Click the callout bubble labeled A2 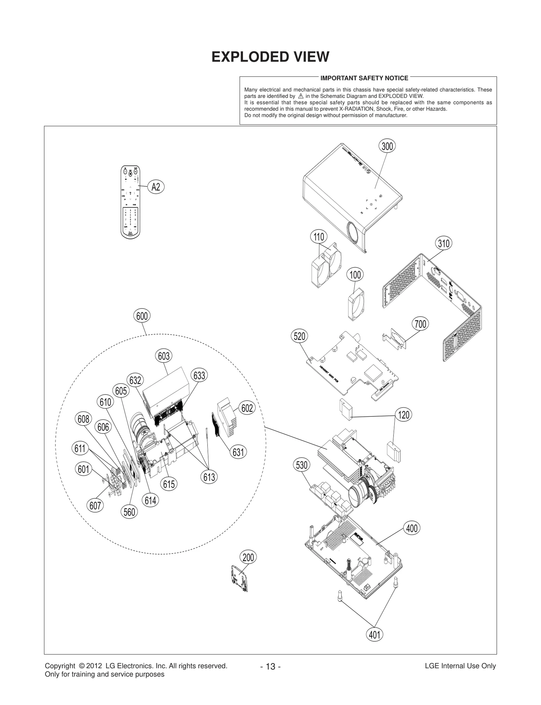[x=156, y=187]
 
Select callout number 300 [x=387, y=146]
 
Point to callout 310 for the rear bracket [x=444, y=243]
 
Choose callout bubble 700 [x=420, y=324]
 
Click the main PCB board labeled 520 [x=352, y=365]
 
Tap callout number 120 [x=404, y=415]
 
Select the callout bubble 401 [x=375, y=635]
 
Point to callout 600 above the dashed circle [x=142, y=316]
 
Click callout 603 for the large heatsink [x=164, y=356]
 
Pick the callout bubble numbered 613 [x=209, y=477]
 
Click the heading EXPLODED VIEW [x=270, y=57]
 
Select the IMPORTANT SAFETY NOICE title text [x=364, y=78]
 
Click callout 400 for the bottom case [x=412, y=528]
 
